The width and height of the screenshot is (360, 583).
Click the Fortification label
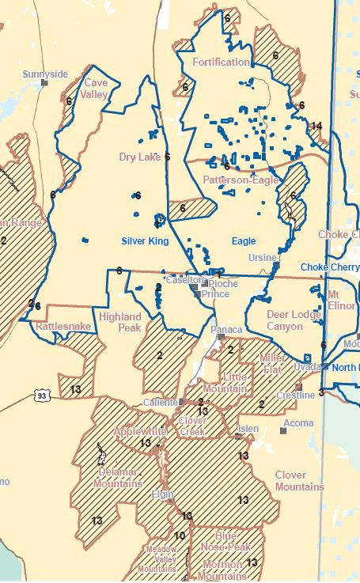point(221,62)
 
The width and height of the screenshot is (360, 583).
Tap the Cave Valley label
point(96,88)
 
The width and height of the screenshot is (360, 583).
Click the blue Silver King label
point(145,240)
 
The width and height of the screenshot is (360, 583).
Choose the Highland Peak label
point(121,322)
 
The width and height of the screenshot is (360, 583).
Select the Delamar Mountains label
point(118,477)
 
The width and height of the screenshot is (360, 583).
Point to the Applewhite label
point(140,432)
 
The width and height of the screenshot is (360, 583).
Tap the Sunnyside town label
point(45,74)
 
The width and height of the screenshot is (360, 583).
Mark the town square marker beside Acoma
point(282,431)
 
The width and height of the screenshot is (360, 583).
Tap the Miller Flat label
point(272,364)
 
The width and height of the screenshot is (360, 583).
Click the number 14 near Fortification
point(316,126)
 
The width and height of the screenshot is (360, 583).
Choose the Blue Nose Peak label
point(225,541)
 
